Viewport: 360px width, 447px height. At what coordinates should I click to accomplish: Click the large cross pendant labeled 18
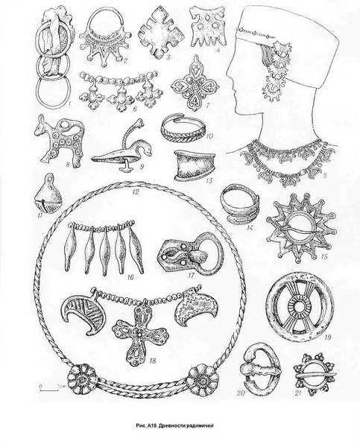pyautogui.click(x=139, y=334)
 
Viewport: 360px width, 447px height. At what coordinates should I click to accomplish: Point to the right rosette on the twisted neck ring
pyautogui.click(x=204, y=381)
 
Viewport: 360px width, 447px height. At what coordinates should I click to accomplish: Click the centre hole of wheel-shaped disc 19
pyautogui.click(x=300, y=307)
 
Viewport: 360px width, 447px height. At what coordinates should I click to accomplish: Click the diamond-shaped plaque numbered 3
pyautogui.click(x=162, y=32)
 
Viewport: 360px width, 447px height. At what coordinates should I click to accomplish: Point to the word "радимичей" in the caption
pyautogui.click(x=200, y=425)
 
